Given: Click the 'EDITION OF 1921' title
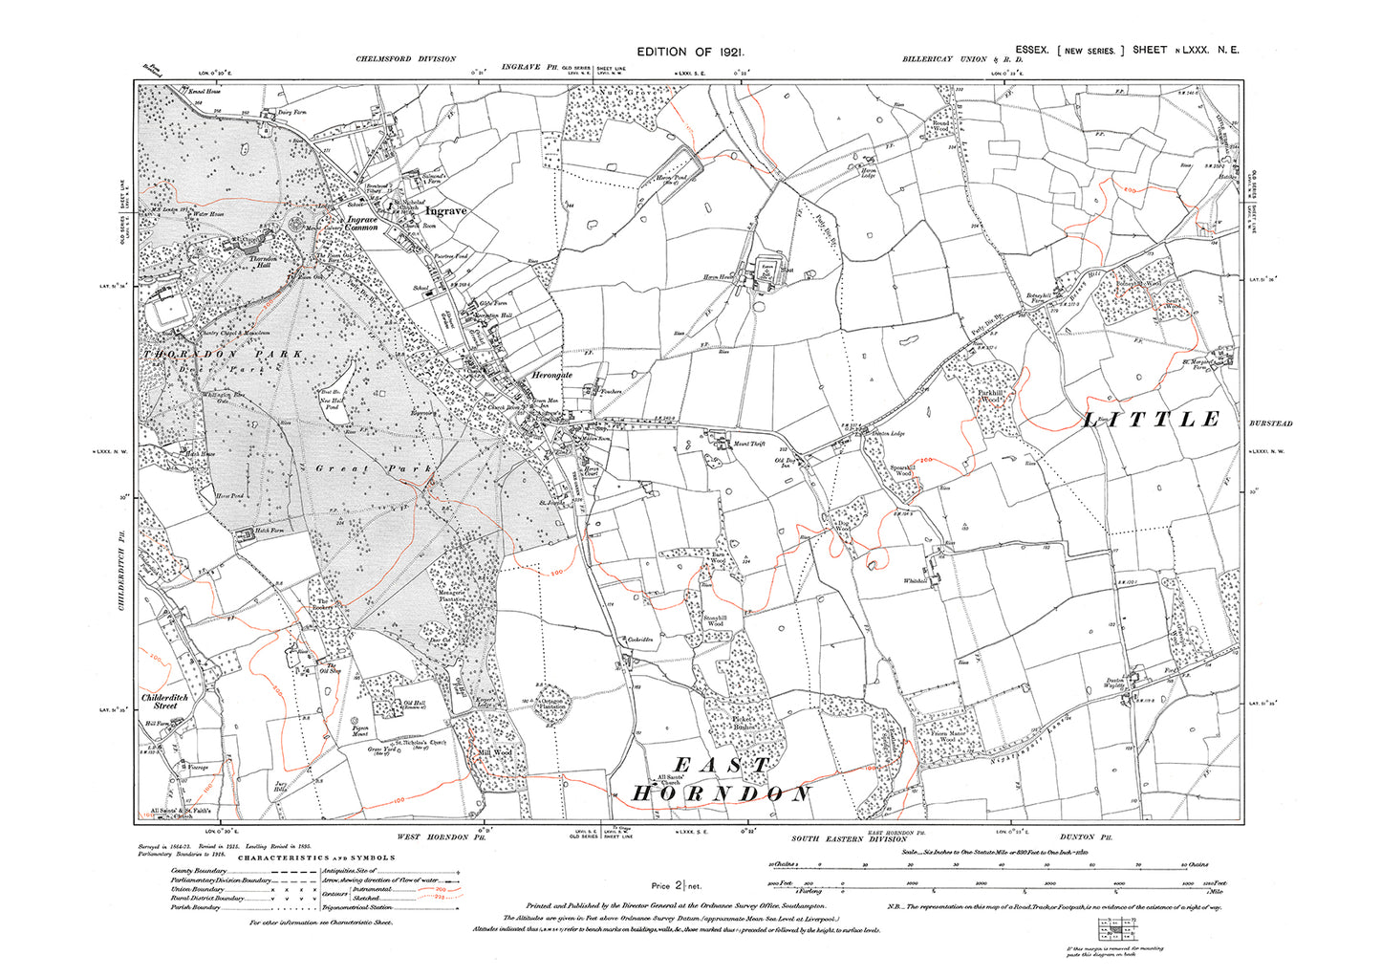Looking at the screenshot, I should [x=690, y=53].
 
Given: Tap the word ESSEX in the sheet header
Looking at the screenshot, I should [x=1032, y=50].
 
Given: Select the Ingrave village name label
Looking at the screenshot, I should [x=446, y=210].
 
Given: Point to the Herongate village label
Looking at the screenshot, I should [x=551, y=376].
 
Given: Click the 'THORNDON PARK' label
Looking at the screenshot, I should [x=224, y=355].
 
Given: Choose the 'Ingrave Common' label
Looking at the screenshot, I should [x=362, y=224].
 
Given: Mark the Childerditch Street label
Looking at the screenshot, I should [x=165, y=702].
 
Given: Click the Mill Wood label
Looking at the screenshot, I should [x=495, y=752].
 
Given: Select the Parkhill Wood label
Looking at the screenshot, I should [x=991, y=396].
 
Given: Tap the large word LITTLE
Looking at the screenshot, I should [x=1152, y=420].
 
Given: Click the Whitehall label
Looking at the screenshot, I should [x=916, y=581].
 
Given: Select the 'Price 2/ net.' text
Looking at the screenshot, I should [x=676, y=886].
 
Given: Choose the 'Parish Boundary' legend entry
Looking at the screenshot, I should [x=196, y=907].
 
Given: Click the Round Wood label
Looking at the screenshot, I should [x=940, y=125].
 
